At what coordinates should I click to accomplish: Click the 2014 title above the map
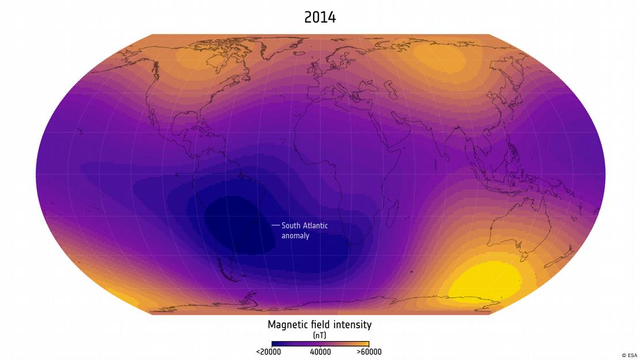point(320,17)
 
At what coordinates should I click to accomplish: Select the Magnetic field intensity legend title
point(319,325)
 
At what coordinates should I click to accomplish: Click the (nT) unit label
point(319,335)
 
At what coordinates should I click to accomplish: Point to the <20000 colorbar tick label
point(268,352)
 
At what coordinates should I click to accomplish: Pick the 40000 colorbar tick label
point(321,352)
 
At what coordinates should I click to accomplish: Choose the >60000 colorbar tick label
point(369,352)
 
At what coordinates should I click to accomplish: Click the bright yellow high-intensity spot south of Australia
point(484,283)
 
